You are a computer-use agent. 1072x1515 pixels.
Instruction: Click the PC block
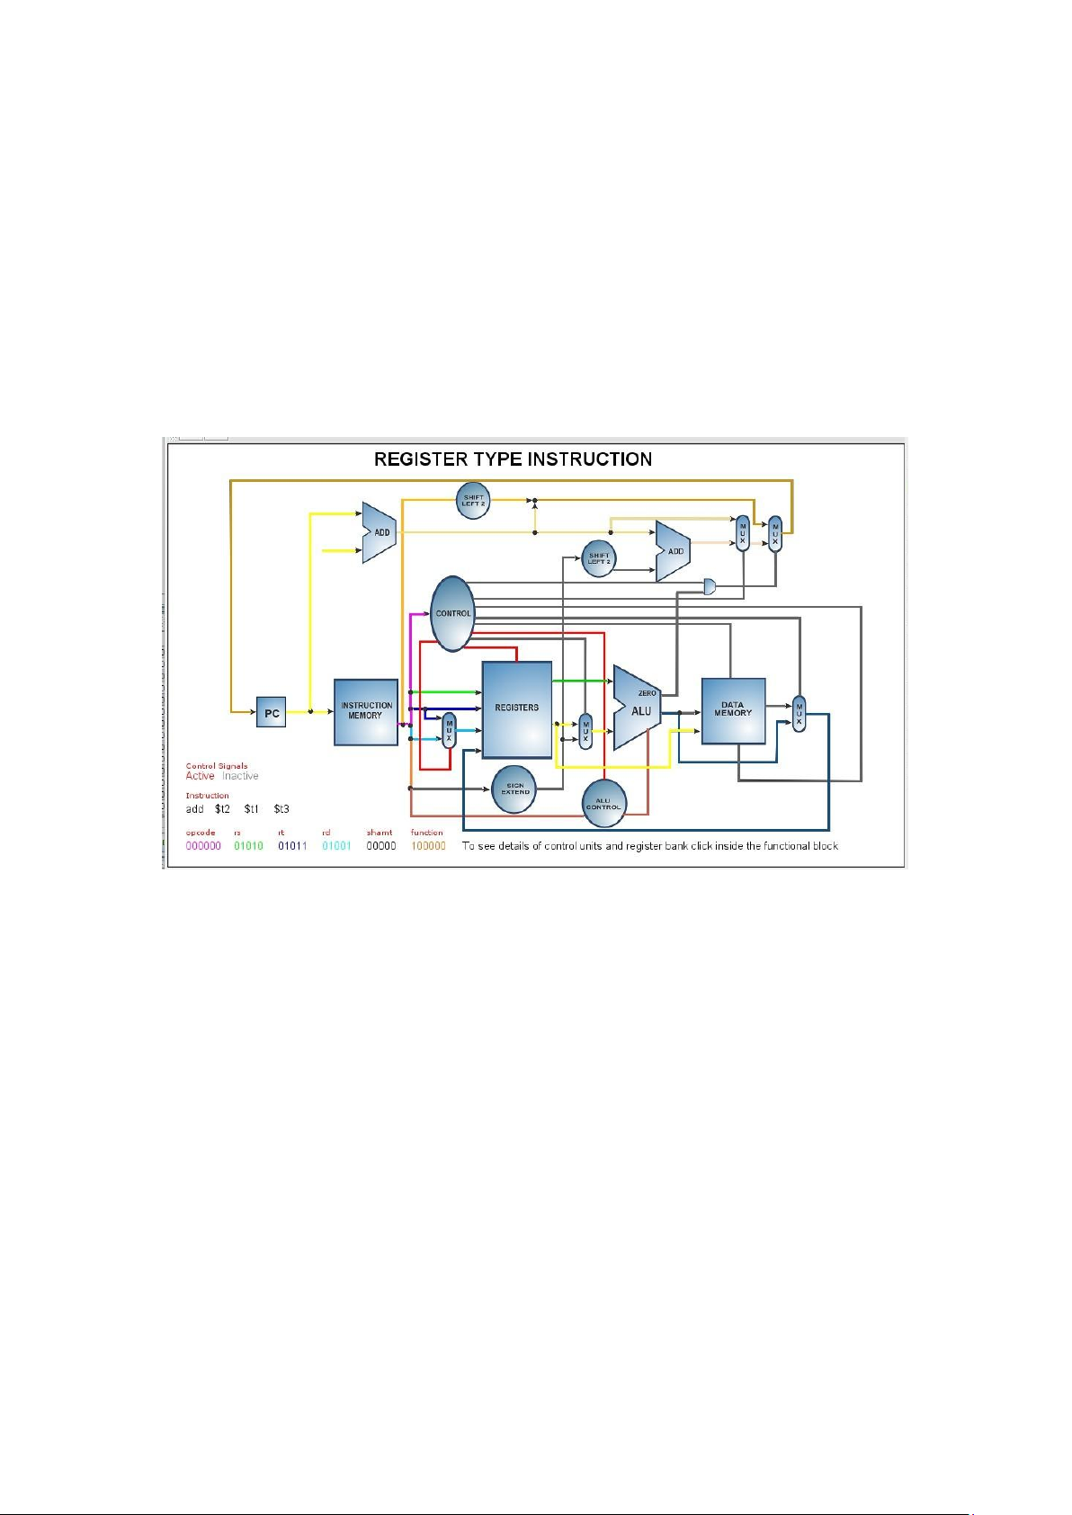(271, 713)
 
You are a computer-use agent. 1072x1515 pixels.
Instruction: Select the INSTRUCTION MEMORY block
(366, 712)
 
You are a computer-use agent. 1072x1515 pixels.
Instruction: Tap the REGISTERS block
(517, 709)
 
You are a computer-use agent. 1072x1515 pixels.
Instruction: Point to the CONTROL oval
(452, 614)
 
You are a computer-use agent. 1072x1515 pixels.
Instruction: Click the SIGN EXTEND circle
(515, 789)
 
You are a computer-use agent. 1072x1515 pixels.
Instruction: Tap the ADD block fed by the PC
(379, 532)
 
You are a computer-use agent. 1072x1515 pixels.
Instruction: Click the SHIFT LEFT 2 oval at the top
(473, 499)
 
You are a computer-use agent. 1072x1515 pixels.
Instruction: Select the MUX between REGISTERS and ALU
(585, 732)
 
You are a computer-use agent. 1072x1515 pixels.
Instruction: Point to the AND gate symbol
(710, 587)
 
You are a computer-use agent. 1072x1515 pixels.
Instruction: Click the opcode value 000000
(203, 846)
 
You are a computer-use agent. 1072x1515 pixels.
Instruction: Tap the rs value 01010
(248, 846)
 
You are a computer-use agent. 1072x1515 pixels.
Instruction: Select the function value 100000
(428, 846)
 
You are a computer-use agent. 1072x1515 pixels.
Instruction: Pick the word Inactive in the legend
(240, 776)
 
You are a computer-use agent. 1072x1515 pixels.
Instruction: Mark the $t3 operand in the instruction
(281, 809)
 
